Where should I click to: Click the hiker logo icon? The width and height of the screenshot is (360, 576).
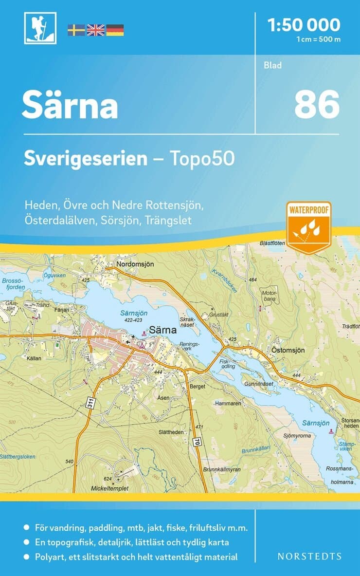(x=40, y=28)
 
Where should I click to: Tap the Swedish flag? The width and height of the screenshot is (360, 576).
(x=76, y=30)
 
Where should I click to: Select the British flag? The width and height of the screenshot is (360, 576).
(x=95, y=30)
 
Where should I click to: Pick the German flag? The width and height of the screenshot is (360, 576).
(x=115, y=30)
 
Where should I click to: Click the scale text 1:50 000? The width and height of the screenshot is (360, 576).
(x=304, y=24)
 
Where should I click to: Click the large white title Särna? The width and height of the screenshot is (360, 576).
(x=70, y=106)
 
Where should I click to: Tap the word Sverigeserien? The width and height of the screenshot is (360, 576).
(x=86, y=159)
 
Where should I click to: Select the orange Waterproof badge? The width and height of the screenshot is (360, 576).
(x=308, y=226)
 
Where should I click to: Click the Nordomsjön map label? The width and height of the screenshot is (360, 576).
(x=135, y=264)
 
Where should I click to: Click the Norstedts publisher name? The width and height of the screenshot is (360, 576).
(x=309, y=556)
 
